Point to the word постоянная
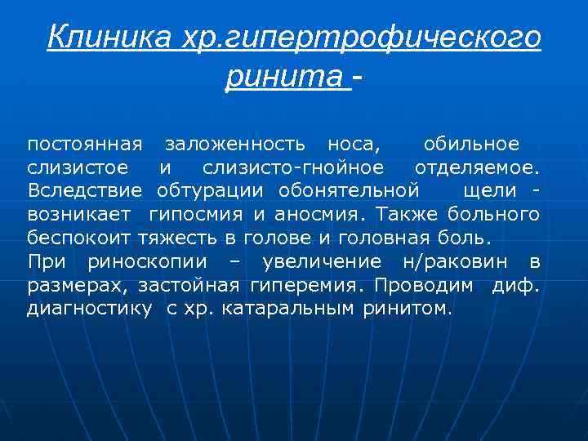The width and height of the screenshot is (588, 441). pyautogui.click(x=85, y=145)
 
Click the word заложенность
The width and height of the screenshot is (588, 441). pyautogui.click(x=235, y=145)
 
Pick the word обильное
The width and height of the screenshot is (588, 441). pyautogui.click(x=470, y=145)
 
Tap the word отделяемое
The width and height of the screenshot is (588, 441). pyautogui.click(x=476, y=168)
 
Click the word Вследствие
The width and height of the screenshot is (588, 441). pyautogui.click(x=85, y=191)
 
